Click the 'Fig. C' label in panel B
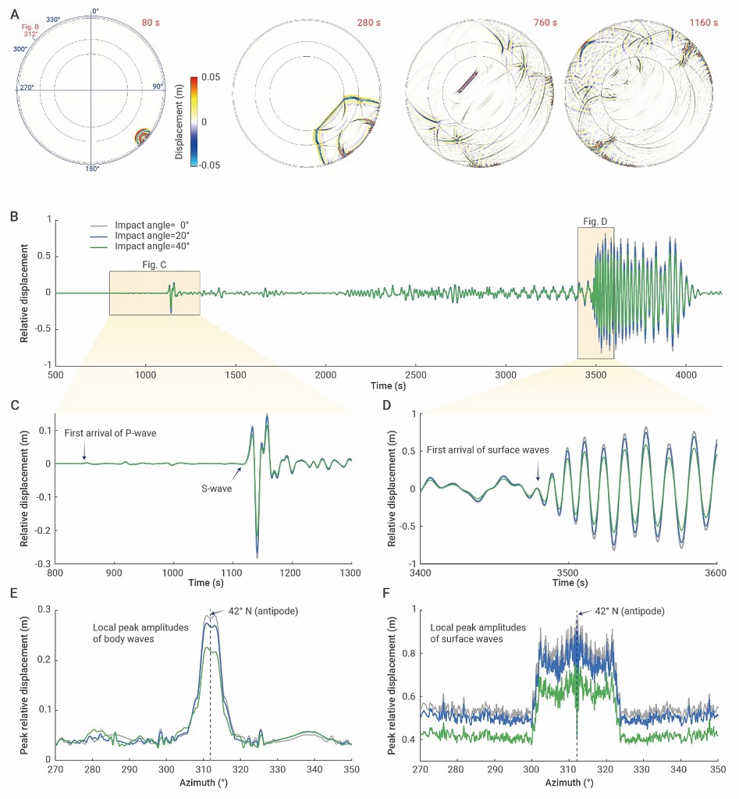coord(155,265)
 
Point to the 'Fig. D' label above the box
coord(595,222)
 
